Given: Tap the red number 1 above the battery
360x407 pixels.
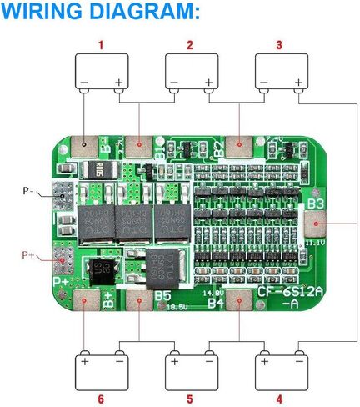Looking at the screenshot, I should (102, 44).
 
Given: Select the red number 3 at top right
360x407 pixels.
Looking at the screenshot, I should (278, 44).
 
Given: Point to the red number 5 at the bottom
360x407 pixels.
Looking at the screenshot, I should (190, 399).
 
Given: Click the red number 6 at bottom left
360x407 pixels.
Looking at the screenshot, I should (101, 399).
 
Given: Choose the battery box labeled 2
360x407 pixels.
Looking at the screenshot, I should (192, 73).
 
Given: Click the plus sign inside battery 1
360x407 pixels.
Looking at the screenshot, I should (119, 83).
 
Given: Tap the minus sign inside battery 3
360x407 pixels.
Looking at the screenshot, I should (263, 83).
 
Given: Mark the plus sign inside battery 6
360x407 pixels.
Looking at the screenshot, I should (84, 361).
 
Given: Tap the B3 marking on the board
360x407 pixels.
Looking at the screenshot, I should (315, 203).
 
